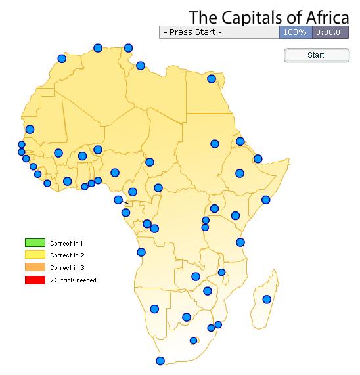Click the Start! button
316,55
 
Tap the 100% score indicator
295,32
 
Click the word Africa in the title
322,16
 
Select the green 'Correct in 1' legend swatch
35,243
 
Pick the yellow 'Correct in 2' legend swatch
35,255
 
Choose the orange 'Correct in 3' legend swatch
35,267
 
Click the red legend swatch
35,280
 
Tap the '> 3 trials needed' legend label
73,280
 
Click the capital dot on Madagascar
267,299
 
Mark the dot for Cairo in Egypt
212,79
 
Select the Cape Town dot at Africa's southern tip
160,361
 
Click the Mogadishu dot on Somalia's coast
265,200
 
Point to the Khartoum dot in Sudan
215,144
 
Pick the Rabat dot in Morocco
62,58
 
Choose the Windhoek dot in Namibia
154,309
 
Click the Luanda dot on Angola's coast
141,252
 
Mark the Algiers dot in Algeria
98,47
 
